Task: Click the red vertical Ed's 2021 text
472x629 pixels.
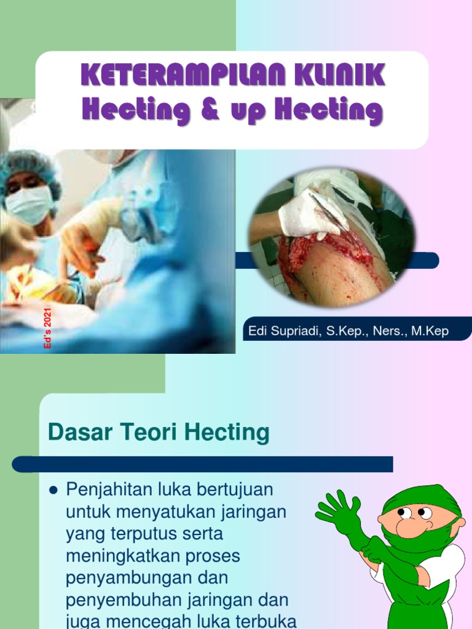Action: (x=47, y=329)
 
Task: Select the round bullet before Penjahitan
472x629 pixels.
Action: (x=53, y=490)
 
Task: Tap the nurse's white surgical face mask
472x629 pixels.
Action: (x=29, y=205)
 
